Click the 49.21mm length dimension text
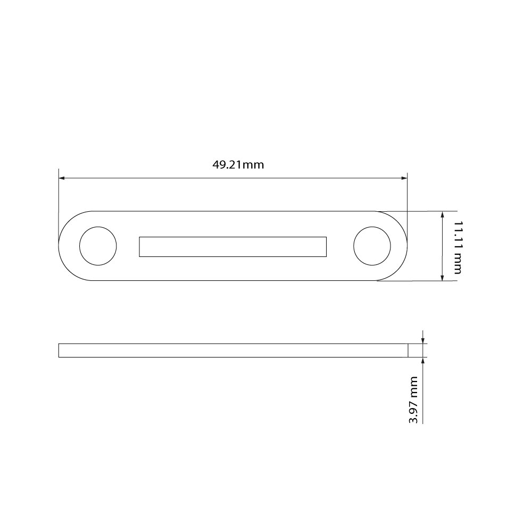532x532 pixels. [238, 164]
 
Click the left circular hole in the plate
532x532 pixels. [98, 246]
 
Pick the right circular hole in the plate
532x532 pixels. [372, 246]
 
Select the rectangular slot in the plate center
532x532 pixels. [232, 247]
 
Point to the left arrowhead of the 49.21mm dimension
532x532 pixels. [62, 178]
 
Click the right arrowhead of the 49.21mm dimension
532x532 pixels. [404, 178]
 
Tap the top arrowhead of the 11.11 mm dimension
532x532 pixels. [442, 214]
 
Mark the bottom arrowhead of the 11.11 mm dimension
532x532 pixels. [442, 277]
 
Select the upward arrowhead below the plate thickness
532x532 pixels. [422, 360]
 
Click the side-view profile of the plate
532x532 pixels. [233, 350]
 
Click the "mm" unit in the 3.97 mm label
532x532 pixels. [412, 384]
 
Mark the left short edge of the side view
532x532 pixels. [59, 350]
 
